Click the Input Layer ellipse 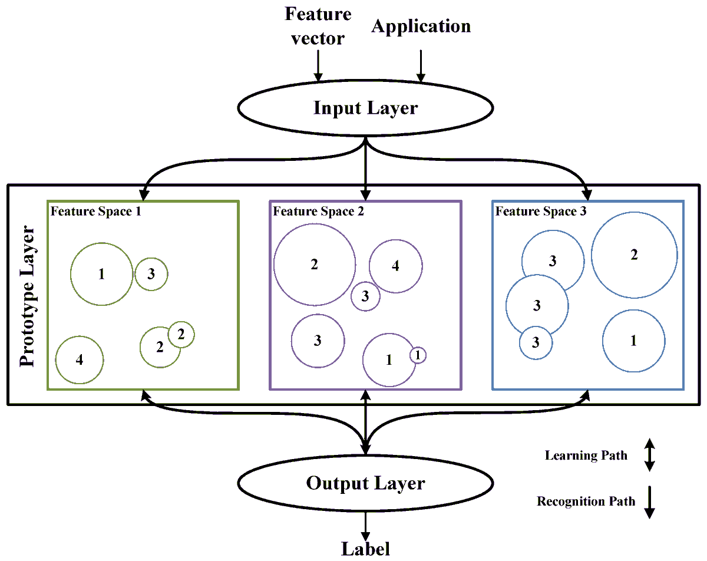365,108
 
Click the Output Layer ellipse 365,484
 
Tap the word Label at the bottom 365,549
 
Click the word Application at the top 421,27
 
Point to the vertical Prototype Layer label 28,295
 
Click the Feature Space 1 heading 95,212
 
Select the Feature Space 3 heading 540,212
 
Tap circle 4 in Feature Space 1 80,359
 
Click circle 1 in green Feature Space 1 101,274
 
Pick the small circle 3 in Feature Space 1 151,274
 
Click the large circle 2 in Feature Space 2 315,265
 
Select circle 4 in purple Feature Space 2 395,266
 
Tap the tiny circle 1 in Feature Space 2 418,355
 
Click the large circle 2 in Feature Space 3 634,255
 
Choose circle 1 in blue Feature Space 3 633,341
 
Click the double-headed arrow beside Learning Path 649,454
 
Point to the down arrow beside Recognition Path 649,501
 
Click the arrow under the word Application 421,65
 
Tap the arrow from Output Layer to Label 366,523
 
